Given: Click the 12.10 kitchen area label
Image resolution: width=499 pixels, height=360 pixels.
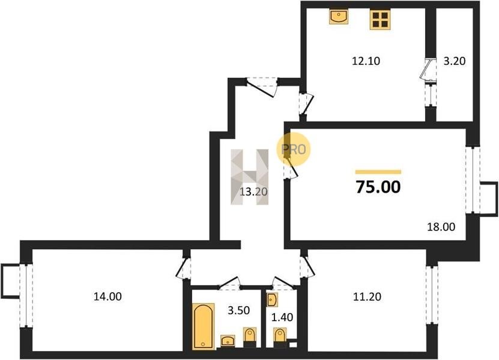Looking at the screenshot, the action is (366, 61).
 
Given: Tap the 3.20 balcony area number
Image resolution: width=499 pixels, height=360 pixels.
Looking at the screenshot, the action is (455, 61).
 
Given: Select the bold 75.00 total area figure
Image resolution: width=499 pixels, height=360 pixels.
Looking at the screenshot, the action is (378, 187).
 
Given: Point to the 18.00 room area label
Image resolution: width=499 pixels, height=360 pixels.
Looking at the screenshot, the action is (441, 227).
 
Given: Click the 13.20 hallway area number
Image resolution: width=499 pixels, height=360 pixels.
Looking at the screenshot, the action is (253, 192).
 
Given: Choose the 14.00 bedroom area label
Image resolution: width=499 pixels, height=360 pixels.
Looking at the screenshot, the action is (107, 297).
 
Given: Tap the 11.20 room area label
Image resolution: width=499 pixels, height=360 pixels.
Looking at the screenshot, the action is (367, 297).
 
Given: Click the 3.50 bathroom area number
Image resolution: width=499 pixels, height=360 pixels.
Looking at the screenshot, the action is (238, 310).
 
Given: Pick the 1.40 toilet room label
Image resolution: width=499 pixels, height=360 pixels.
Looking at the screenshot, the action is (282, 317).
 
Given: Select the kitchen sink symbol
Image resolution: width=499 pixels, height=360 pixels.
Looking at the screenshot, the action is (339, 17).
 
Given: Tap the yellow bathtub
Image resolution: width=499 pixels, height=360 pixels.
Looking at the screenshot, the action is (204, 326).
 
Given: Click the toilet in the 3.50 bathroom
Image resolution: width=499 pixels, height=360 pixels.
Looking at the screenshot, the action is (250, 337).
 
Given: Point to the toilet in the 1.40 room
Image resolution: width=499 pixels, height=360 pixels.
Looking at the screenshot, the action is (280, 338).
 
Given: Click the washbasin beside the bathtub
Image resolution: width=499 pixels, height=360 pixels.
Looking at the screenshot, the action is (228, 340).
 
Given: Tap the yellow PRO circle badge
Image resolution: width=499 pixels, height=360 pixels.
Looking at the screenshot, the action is (293, 149).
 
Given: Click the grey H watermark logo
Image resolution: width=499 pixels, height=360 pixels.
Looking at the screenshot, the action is (250, 177).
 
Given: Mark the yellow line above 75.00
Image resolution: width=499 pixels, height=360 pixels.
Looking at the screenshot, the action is (378, 172).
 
